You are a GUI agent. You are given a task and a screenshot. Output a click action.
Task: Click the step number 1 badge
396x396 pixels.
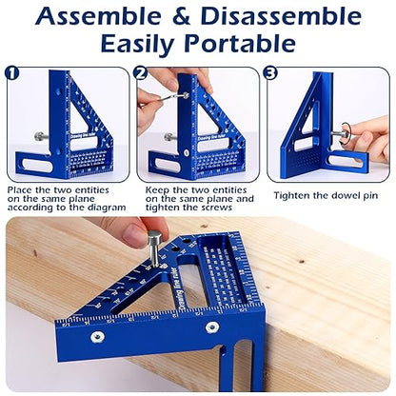tap(12, 71)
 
